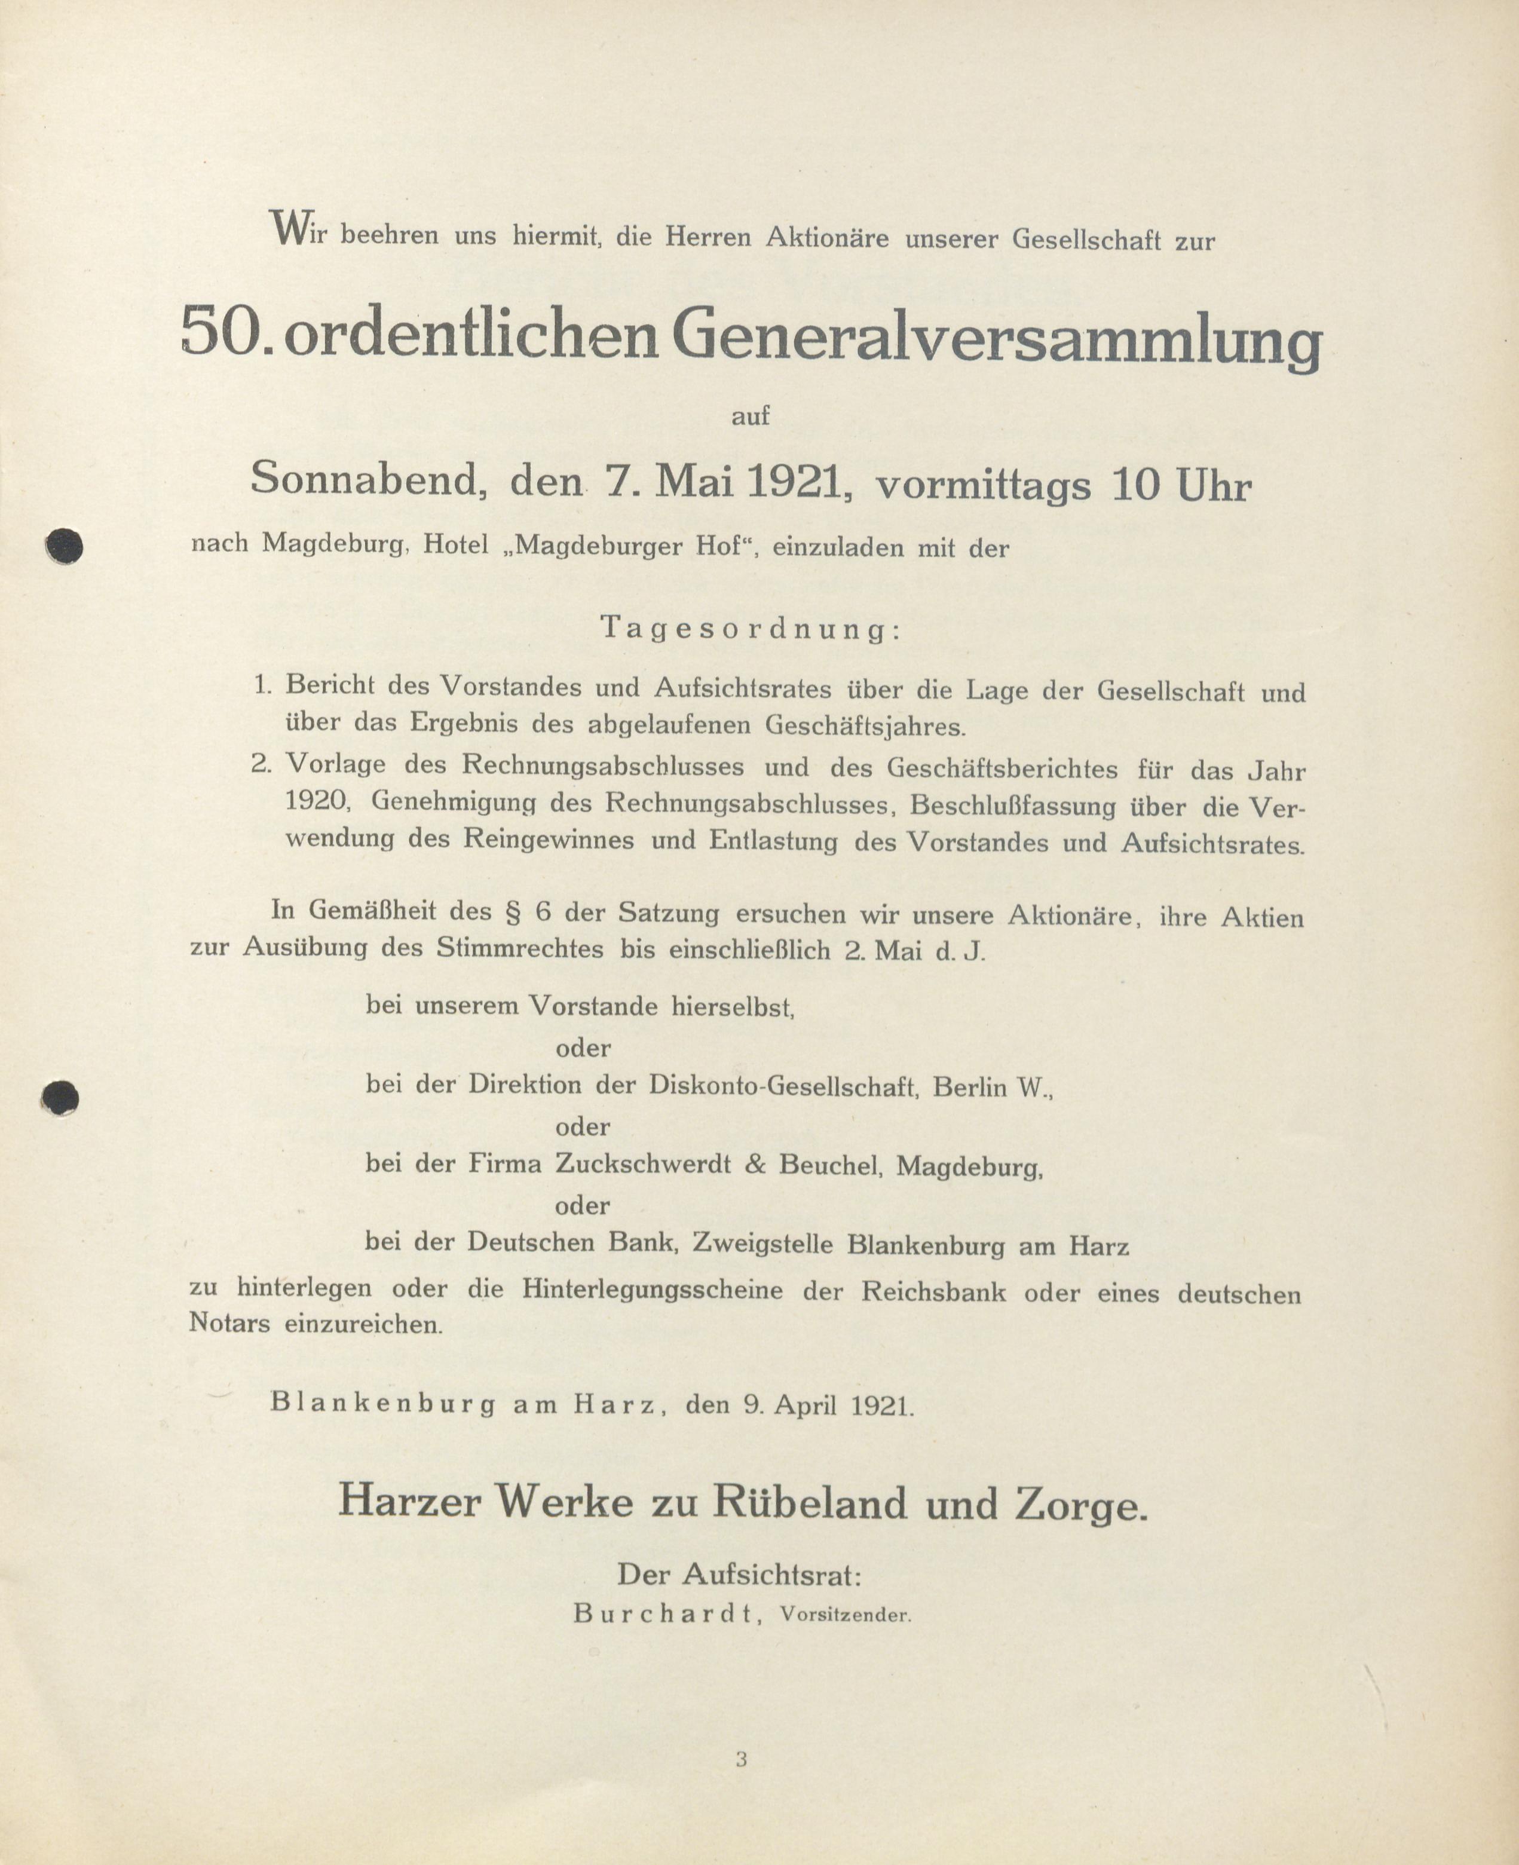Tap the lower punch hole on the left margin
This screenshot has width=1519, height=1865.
point(60,1097)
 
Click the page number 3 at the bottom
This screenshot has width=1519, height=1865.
point(741,1759)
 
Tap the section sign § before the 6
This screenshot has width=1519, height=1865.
point(514,911)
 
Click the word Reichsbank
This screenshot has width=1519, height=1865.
point(933,1292)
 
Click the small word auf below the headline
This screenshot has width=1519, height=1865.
point(750,417)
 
